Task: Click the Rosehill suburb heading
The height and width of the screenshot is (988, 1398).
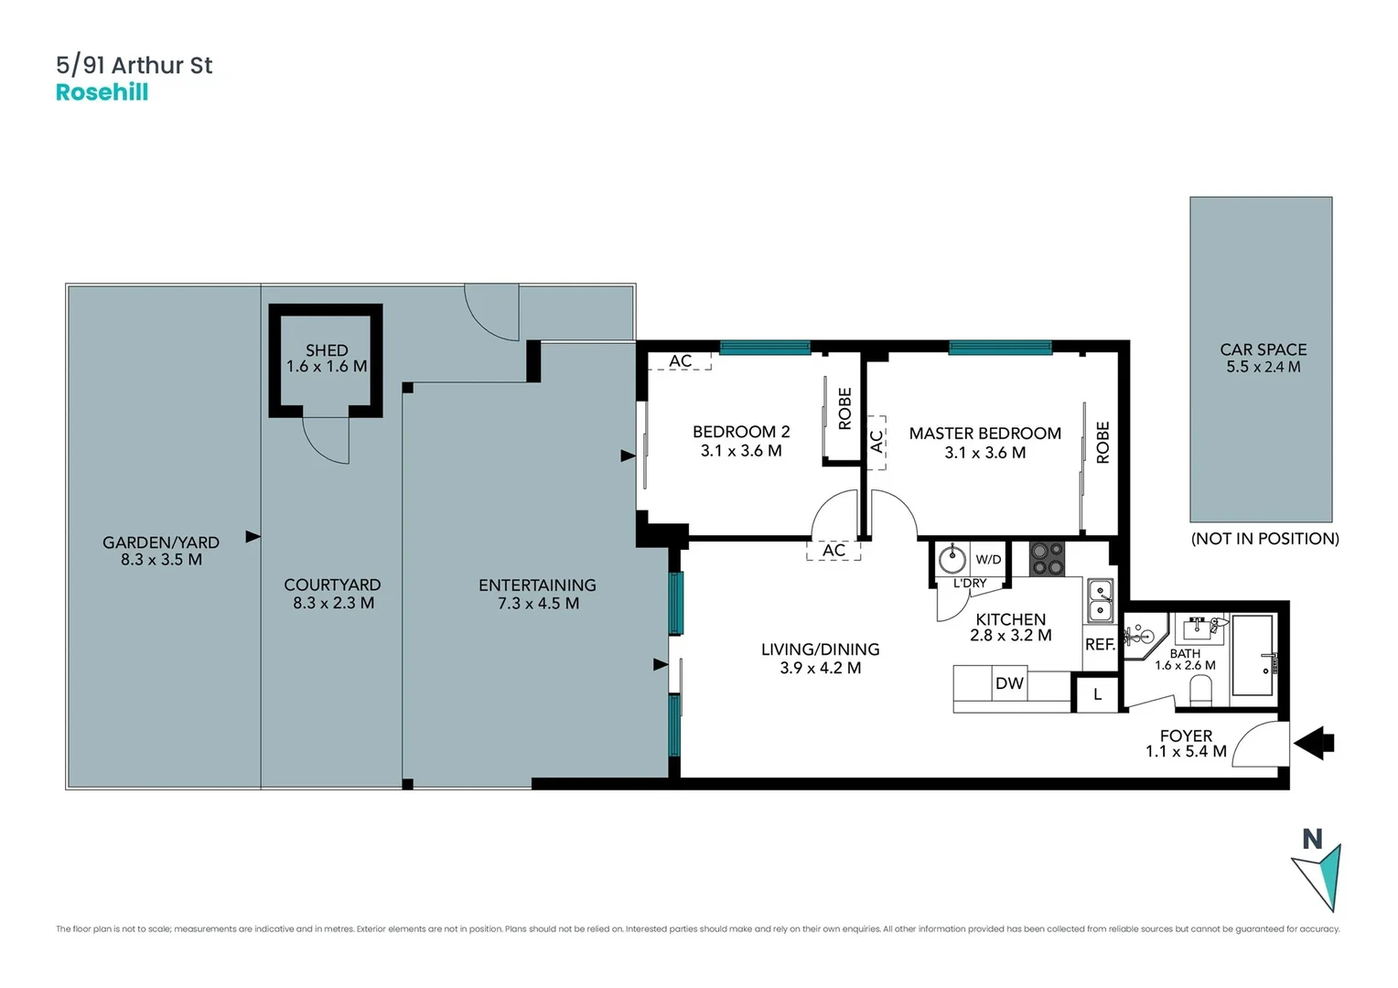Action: click(102, 92)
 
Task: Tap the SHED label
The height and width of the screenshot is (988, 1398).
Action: click(327, 350)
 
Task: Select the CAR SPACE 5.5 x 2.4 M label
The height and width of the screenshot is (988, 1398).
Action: click(1263, 359)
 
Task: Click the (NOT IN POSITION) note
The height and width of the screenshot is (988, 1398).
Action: click(1264, 539)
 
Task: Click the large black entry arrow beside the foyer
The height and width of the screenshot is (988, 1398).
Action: click(1315, 743)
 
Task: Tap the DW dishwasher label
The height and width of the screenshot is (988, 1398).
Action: click(1009, 683)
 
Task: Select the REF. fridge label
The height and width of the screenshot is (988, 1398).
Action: click(1100, 644)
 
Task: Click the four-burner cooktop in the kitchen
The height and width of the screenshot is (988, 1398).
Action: click(1047, 560)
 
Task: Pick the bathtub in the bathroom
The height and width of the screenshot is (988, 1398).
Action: click(1253, 655)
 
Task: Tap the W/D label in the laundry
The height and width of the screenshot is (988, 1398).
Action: click(988, 559)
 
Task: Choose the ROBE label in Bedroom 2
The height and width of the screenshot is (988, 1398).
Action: click(844, 408)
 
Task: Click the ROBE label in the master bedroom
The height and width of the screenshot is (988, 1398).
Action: click(1102, 442)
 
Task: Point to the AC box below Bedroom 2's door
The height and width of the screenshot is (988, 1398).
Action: click(833, 550)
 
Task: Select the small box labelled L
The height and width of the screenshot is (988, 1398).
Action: click(1097, 694)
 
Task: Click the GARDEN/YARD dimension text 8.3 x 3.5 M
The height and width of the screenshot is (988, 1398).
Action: click(161, 559)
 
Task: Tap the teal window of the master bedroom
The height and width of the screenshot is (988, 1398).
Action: click(999, 348)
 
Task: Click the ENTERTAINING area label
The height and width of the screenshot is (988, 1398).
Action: click(537, 585)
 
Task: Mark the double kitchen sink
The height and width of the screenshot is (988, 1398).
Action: click(1099, 600)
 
